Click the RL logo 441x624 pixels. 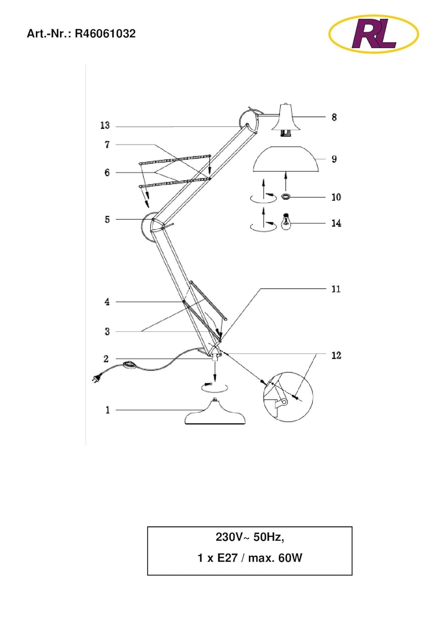point(374,34)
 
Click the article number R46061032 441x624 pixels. point(105,34)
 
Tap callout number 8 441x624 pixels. point(334,117)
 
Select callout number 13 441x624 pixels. point(105,125)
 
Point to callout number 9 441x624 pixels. point(334,159)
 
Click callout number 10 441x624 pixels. point(336,197)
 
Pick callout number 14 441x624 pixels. point(336,223)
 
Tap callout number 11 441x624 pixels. point(336,289)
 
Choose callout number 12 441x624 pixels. point(336,356)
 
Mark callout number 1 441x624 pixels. point(107,410)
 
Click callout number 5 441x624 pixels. point(107,220)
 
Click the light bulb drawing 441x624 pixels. point(286,222)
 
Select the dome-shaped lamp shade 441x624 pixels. point(286,159)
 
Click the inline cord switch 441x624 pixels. point(130,365)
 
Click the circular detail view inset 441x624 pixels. point(288,397)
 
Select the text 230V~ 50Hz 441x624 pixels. point(250,537)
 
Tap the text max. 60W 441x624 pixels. point(275,558)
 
